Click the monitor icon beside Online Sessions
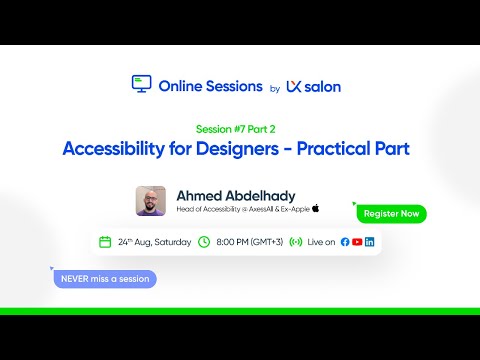click(141, 85)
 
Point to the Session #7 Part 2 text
click(239, 128)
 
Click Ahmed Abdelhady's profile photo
click(151, 200)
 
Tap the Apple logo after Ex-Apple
click(316, 208)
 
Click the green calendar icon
click(105, 242)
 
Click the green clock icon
click(204, 242)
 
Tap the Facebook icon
click(345, 242)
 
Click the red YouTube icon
click(357, 242)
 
